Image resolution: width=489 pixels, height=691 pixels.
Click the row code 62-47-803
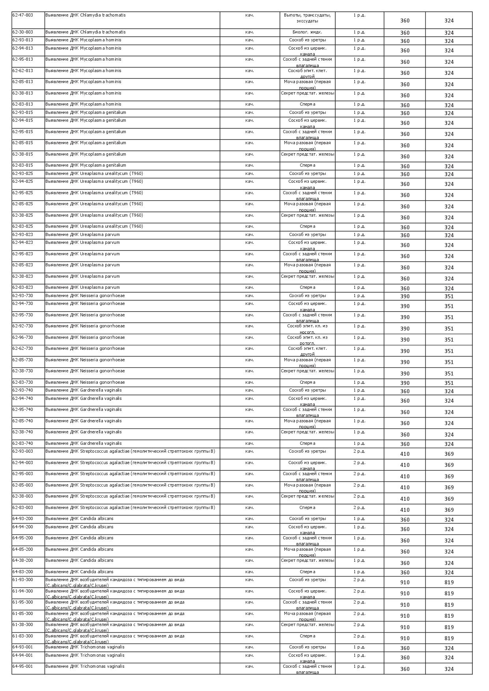click(x=23, y=15)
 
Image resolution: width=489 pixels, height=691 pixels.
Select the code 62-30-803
click(x=23, y=32)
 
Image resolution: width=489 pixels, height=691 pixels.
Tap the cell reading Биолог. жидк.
click(x=307, y=32)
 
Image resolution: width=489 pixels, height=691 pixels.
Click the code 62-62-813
click(x=23, y=71)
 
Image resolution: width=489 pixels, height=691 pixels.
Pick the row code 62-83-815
click(x=23, y=165)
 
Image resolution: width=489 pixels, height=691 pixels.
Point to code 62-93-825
click(x=23, y=174)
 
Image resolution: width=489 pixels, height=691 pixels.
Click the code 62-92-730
click(x=23, y=326)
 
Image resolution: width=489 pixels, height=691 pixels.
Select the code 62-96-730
click(x=23, y=338)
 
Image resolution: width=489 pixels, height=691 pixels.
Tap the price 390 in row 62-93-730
click(x=405, y=296)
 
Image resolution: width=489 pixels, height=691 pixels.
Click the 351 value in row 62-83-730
click(x=449, y=383)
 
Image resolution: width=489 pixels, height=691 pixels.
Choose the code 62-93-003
click(x=23, y=451)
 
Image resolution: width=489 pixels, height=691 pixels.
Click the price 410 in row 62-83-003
click(x=405, y=510)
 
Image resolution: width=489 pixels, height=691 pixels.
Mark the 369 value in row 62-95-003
click(x=449, y=476)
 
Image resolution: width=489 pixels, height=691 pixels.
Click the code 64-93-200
click(x=23, y=519)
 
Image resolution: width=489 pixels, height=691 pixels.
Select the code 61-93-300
click(x=23, y=580)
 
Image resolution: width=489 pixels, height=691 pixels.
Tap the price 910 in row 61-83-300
click(x=405, y=638)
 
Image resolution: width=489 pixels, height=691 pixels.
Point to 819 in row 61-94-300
click(x=449, y=593)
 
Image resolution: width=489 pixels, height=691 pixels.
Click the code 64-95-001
click(x=23, y=667)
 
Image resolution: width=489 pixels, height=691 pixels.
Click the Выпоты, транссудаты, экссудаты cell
click(x=307, y=18)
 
